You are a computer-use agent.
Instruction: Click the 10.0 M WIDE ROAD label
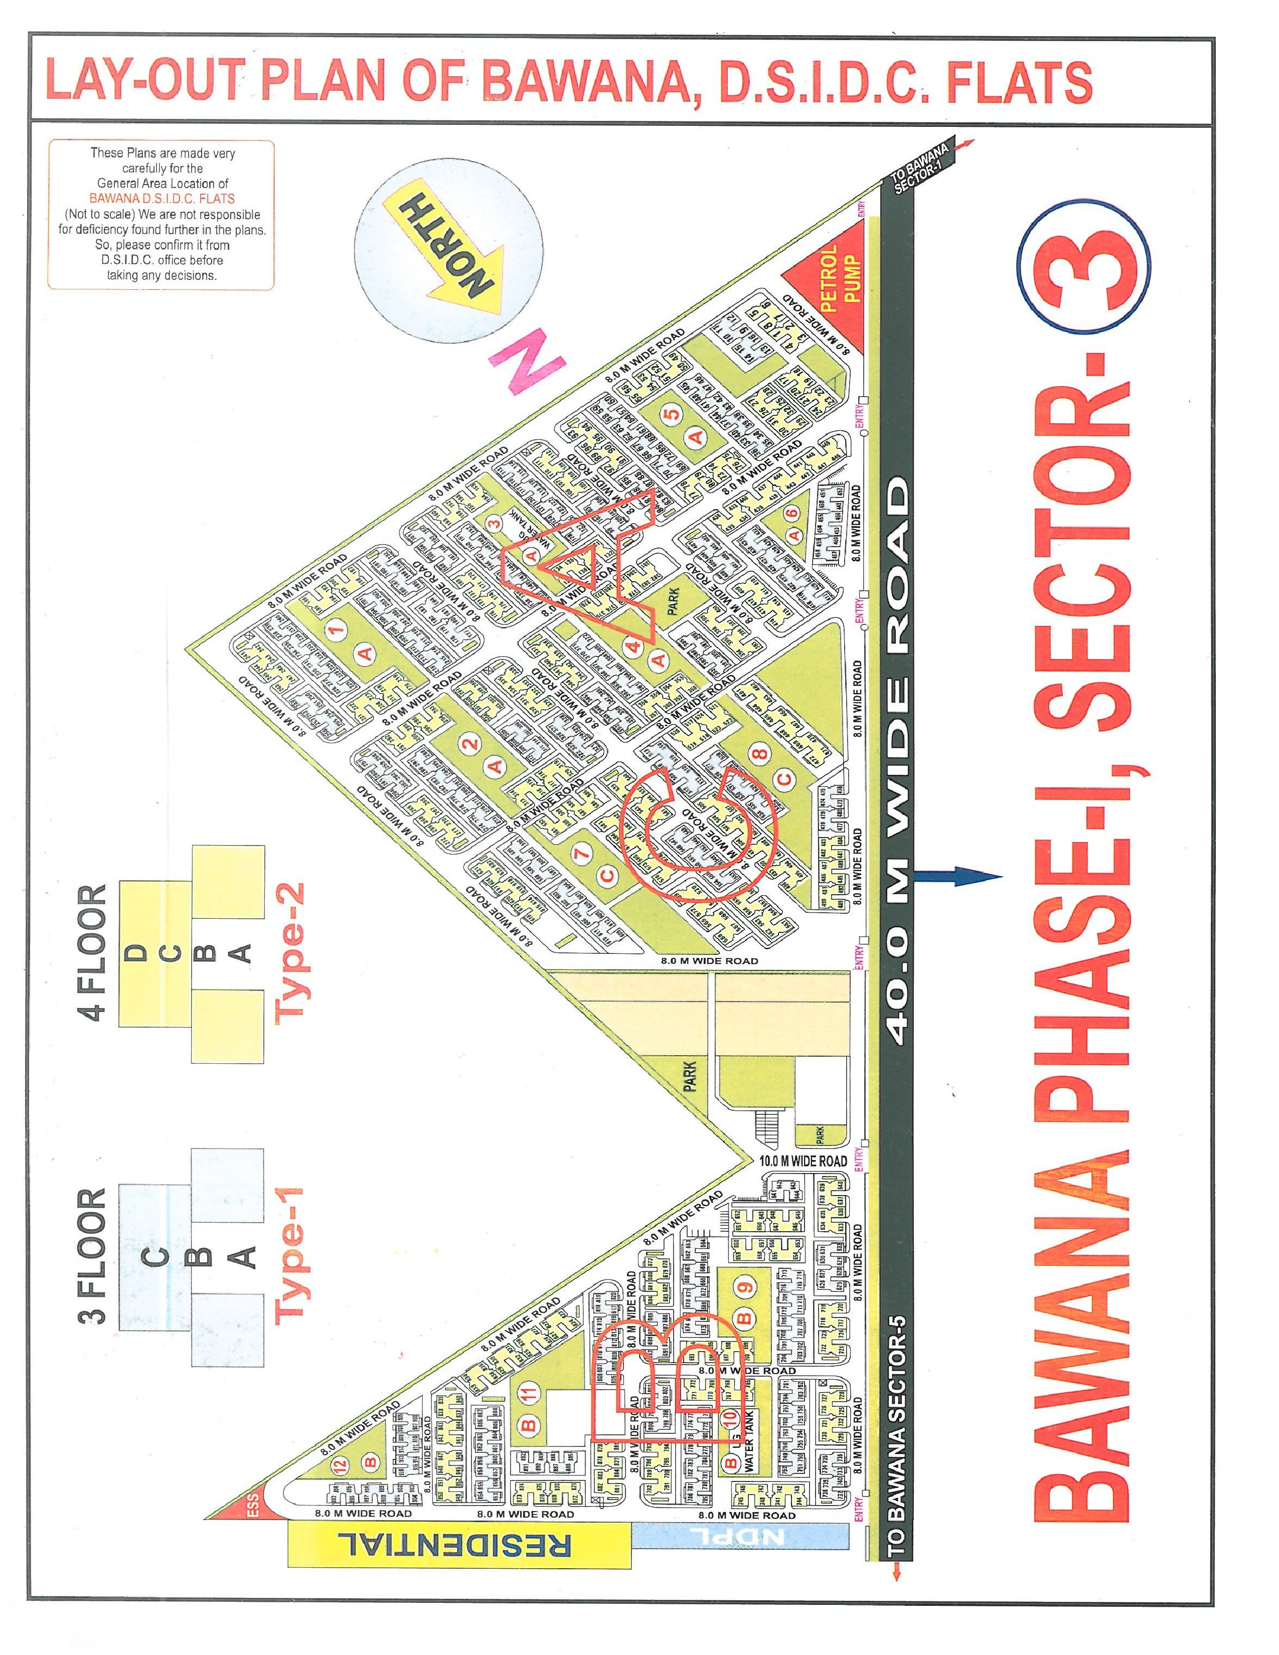803,1161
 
